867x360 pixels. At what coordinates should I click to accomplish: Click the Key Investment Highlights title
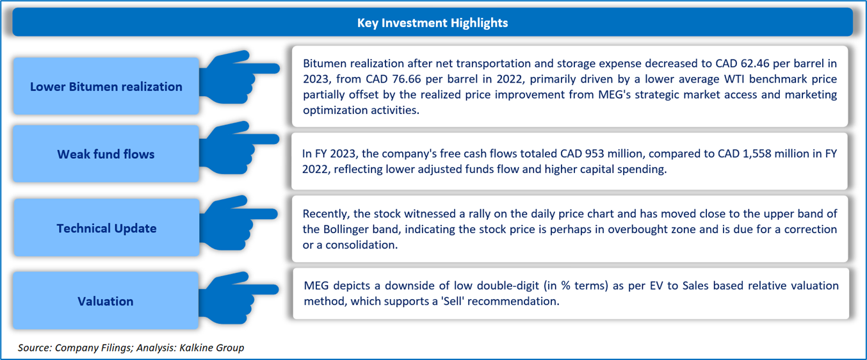point(432,23)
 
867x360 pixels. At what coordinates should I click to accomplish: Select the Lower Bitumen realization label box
point(106,86)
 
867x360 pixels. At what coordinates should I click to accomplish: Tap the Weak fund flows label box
point(106,154)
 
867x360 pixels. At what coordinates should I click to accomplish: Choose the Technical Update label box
point(106,227)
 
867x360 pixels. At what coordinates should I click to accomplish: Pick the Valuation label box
point(106,300)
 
